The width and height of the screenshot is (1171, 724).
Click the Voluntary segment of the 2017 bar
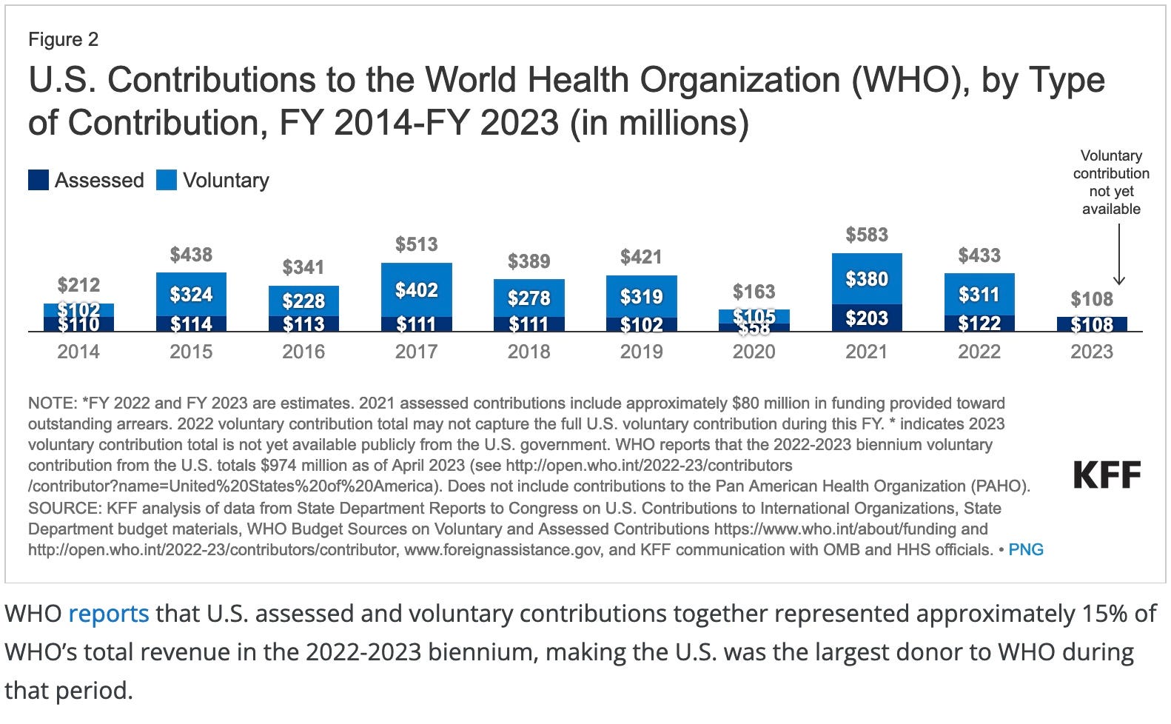(416, 289)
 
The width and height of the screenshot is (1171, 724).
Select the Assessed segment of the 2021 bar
(867, 318)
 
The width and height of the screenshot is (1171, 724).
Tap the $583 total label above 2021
(867, 235)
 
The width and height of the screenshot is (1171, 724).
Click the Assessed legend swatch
(38, 180)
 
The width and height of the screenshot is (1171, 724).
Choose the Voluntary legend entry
(213, 180)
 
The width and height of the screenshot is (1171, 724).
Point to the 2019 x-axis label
(641, 351)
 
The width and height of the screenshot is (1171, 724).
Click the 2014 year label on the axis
(78, 351)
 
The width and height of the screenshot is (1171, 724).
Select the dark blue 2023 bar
(1092, 324)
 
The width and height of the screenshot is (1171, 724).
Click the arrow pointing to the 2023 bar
(1118, 255)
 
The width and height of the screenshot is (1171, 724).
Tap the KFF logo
(1107, 475)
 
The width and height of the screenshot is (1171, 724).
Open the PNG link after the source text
(1026, 549)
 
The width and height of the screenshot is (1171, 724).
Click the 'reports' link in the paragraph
(109, 614)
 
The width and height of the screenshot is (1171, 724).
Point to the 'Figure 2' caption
(63, 39)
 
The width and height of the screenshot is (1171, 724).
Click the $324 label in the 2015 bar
(191, 294)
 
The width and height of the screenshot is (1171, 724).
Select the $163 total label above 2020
(754, 292)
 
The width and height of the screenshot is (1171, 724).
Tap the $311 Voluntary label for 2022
(979, 294)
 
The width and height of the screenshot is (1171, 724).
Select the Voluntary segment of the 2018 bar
(529, 298)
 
